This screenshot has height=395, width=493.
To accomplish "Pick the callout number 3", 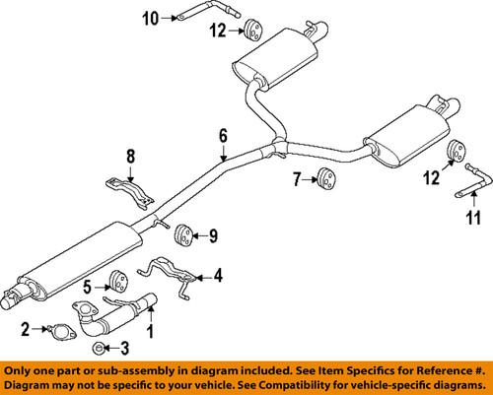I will [x=123, y=347].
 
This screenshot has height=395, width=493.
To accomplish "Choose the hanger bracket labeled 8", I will [x=126, y=191].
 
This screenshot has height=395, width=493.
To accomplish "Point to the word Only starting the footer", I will [x=21, y=370].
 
